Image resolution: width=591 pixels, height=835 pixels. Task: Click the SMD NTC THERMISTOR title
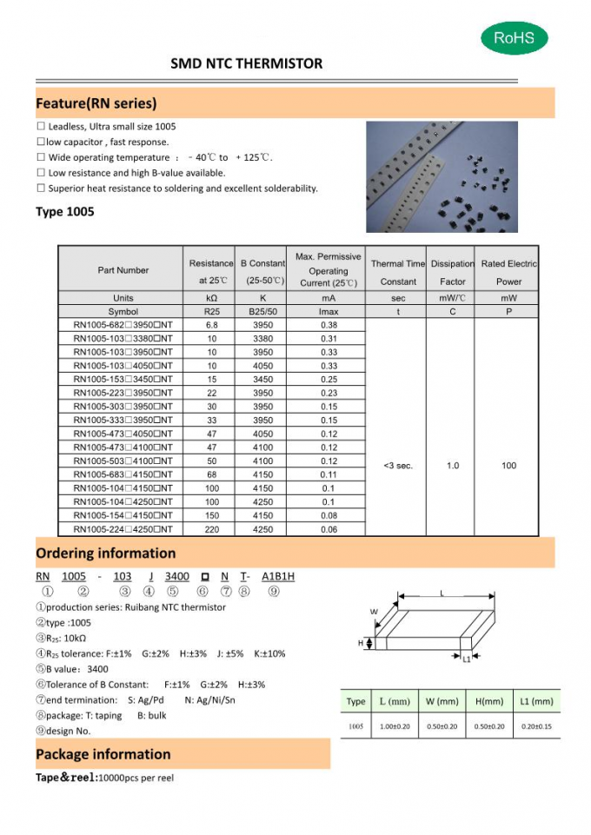tap(246, 63)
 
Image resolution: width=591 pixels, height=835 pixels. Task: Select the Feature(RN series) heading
tap(96, 103)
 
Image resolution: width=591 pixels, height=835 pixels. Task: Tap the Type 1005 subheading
tap(65, 211)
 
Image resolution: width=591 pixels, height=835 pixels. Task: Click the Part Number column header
tap(123, 270)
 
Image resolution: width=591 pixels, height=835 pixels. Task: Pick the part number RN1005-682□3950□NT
tap(123, 325)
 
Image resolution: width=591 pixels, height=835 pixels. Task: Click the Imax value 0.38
tap(329, 325)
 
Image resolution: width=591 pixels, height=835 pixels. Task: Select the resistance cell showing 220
tap(212, 529)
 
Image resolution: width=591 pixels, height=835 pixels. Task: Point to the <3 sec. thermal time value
tap(398, 466)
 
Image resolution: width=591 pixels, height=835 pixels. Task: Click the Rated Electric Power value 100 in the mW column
tap(508, 466)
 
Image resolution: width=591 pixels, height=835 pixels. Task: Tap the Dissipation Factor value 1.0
tap(453, 466)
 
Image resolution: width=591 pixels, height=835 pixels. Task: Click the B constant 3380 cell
tap(262, 339)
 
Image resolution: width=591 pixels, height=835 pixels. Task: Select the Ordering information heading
tap(105, 553)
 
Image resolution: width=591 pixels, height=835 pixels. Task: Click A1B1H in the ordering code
tap(279, 576)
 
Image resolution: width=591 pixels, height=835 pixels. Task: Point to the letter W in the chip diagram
tap(374, 612)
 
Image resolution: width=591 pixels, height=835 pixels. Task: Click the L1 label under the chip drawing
tap(466, 659)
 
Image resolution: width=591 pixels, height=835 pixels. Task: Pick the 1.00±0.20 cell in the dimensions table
tap(394, 726)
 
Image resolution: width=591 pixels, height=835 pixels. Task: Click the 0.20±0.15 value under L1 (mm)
tap(535, 726)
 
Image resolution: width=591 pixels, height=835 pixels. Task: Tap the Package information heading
tap(103, 754)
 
